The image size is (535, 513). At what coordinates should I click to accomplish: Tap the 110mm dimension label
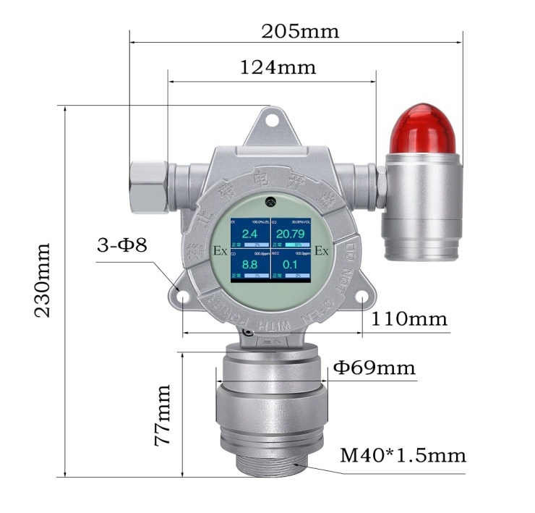(x=409, y=318)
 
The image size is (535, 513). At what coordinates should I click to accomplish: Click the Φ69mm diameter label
(x=374, y=368)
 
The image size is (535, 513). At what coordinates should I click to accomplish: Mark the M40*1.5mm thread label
(x=403, y=456)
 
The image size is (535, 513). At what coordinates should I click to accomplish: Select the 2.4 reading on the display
(x=249, y=234)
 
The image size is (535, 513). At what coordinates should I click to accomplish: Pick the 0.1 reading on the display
(x=290, y=266)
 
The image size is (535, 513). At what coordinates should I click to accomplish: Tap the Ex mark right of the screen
(x=322, y=251)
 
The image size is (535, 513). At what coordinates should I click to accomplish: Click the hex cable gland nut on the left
(x=149, y=186)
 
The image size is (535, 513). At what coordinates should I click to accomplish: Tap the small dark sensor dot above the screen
(x=270, y=202)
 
